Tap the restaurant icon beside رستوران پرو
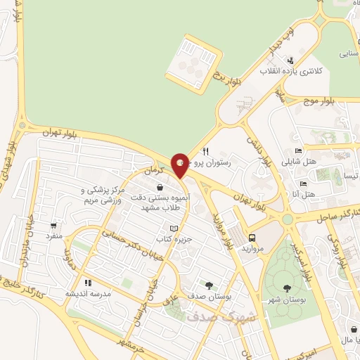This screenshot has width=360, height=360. click(x=205, y=151)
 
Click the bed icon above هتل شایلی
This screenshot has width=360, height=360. click(x=298, y=150)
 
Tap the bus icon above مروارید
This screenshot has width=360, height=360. click(x=252, y=238)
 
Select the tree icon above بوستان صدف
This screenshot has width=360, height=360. click(x=209, y=285)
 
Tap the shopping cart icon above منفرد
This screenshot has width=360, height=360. click(x=53, y=226)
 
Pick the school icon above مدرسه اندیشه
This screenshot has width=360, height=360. click(x=88, y=283)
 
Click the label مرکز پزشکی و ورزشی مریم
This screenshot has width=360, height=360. click(x=103, y=195)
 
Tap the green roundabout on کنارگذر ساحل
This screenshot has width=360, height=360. click(x=287, y=221)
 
